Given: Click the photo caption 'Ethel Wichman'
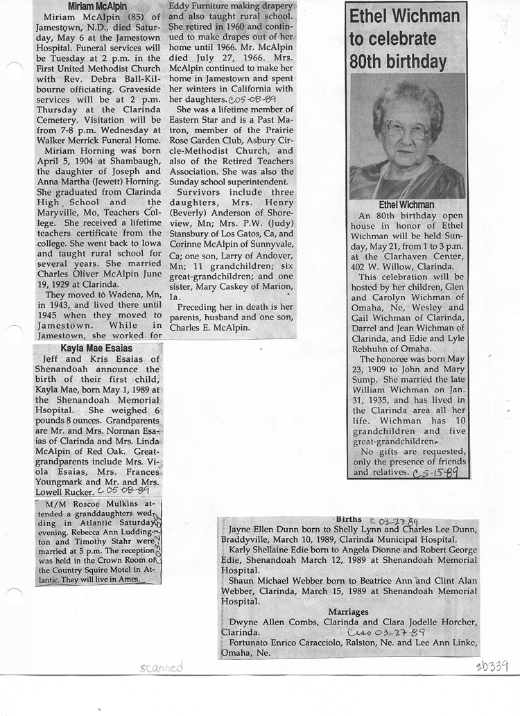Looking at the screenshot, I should coord(407,204).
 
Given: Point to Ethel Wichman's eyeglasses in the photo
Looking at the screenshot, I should coord(408,129).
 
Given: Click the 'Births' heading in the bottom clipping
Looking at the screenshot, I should coord(349,519).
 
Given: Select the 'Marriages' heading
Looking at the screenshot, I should coord(348,612).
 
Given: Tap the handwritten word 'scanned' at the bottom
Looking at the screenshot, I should coord(160,667).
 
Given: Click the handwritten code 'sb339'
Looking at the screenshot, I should coord(492,666).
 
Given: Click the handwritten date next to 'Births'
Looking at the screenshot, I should coord(393,521).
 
